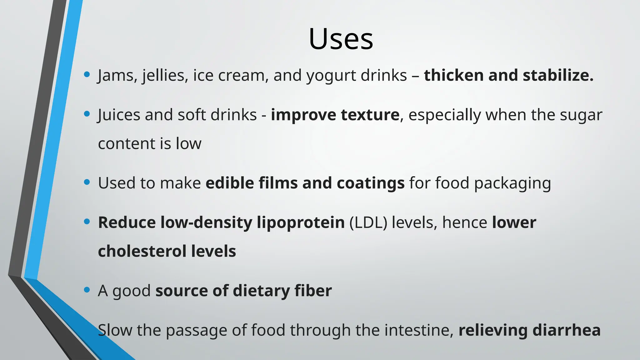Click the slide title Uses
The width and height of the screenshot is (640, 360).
pos(341,39)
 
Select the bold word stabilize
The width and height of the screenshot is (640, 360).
pos(558,76)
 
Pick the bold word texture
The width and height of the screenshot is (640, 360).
pos(370,115)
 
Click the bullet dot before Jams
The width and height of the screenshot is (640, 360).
pos(87,74)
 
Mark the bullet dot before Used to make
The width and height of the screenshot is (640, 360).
pos(87,182)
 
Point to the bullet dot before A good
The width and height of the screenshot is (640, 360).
pos(87,290)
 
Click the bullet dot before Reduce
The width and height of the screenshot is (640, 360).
pos(87,222)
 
